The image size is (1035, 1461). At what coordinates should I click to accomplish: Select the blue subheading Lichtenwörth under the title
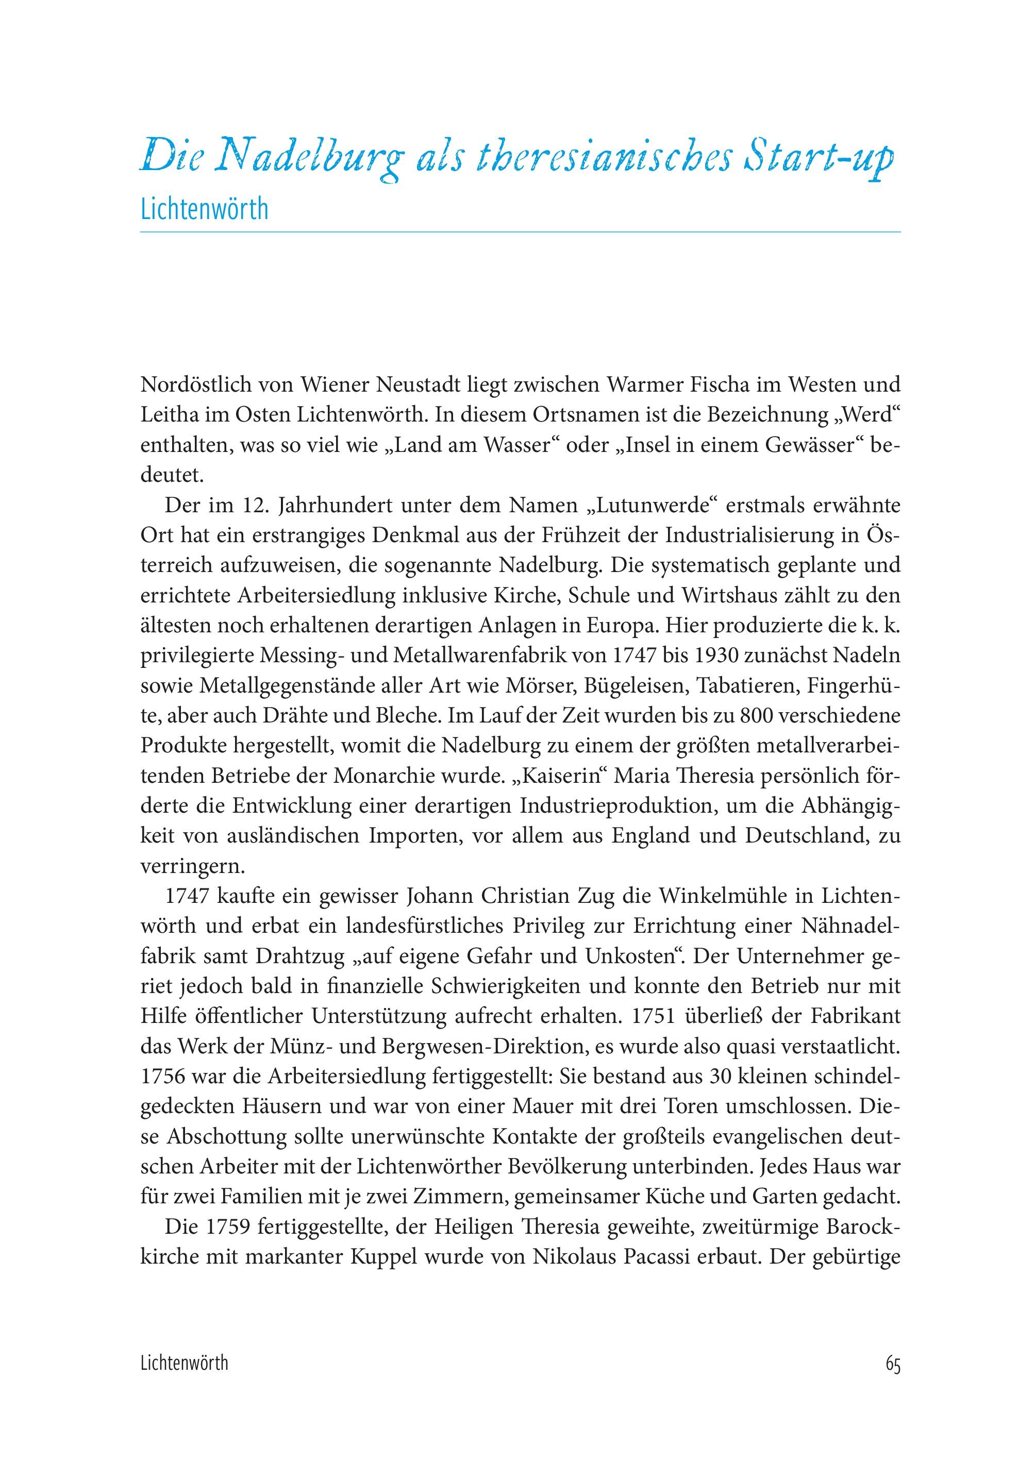point(204,210)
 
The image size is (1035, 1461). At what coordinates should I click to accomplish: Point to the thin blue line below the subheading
point(520,232)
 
